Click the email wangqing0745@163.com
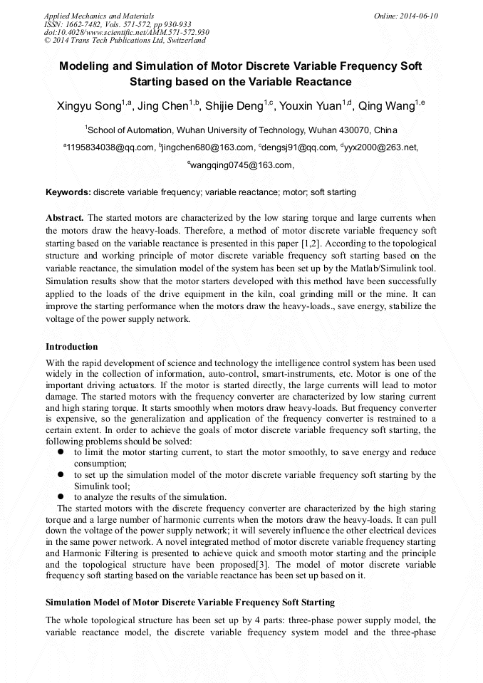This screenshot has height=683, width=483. pyautogui.click(x=241, y=165)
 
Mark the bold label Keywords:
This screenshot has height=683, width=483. pyautogui.click(x=68, y=192)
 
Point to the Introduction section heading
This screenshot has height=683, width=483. pyautogui.click(x=72, y=347)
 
